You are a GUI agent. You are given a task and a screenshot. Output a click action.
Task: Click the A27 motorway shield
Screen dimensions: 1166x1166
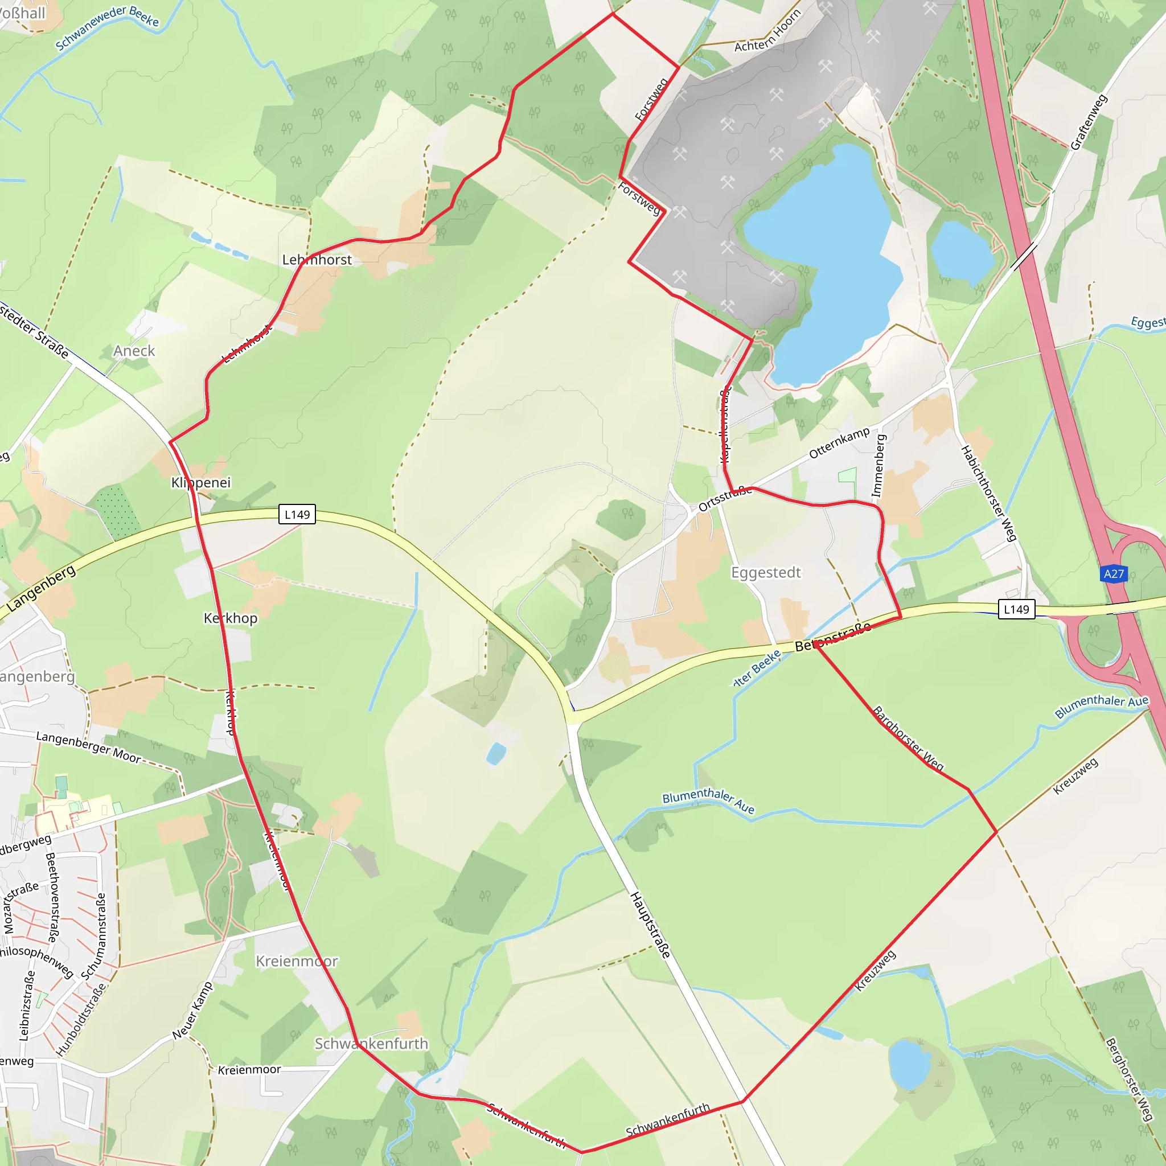pyautogui.click(x=1114, y=573)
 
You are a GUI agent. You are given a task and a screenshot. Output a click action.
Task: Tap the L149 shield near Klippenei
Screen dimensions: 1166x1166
pyautogui.click(x=297, y=514)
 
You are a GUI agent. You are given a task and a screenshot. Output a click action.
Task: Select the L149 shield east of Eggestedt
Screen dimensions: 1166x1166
pyautogui.click(x=1016, y=609)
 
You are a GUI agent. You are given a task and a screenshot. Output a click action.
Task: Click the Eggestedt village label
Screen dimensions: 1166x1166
pyautogui.click(x=766, y=572)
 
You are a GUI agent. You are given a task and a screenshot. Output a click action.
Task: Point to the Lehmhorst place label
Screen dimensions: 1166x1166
pyautogui.click(x=317, y=260)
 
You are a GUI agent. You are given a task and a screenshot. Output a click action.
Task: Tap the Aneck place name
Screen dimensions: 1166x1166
pyautogui.click(x=134, y=351)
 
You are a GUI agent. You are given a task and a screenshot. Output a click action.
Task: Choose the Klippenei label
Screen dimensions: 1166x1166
pyautogui.click(x=201, y=482)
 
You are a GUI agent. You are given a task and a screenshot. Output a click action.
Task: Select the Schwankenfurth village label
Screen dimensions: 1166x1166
pyautogui.click(x=371, y=1044)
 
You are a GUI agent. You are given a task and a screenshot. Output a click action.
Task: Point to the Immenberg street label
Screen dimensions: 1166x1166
pyautogui.click(x=878, y=466)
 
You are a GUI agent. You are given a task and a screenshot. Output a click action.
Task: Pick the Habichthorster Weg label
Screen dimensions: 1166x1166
pyautogui.click(x=988, y=493)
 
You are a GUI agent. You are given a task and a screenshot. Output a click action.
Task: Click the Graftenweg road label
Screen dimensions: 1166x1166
pyautogui.click(x=1089, y=122)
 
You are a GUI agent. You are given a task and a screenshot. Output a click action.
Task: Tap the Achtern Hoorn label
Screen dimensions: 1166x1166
pyautogui.click(x=767, y=31)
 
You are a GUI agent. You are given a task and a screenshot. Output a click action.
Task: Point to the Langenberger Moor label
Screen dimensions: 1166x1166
pyautogui.click(x=88, y=746)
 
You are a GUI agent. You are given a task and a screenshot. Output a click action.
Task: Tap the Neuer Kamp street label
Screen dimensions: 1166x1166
pyautogui.click(x=192, y=1011)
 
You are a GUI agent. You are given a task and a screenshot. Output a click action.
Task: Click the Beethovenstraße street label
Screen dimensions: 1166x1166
pyautogui.click(x=52, y=897)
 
